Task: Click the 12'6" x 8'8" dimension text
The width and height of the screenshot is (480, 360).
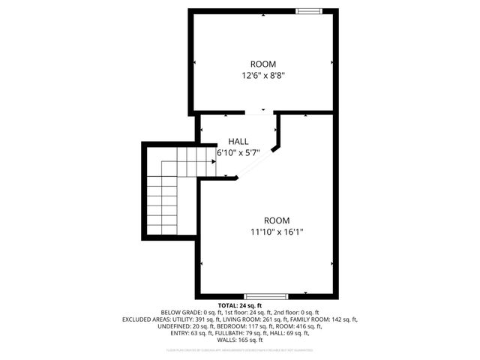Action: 263,76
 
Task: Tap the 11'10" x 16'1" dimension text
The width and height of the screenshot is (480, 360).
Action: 277,232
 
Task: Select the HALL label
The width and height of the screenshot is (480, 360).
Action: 238,141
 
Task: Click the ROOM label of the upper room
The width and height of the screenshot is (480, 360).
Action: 263,64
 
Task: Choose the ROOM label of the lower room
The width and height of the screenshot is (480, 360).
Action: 277,220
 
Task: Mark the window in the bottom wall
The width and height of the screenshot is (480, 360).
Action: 265,295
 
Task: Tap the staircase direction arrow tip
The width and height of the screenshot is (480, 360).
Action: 215,161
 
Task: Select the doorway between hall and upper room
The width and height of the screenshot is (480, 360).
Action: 260,112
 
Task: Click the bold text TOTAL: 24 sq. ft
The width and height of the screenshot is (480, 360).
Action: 239,306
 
